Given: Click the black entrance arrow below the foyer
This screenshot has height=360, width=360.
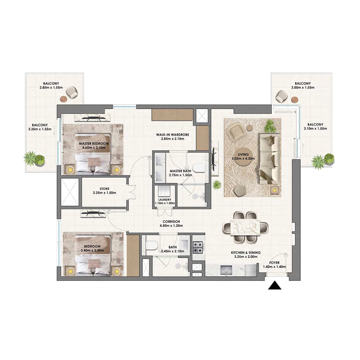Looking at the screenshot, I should pyautogui.click(x=274, y=287).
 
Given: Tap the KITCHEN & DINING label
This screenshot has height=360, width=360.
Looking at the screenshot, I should pyautogui.click(x=246, y=253).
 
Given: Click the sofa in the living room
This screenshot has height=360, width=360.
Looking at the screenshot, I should pyautogui.click(x=269, y=158).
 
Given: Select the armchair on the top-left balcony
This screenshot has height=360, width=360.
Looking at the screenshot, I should pyautogui.click(x=72, y=94).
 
